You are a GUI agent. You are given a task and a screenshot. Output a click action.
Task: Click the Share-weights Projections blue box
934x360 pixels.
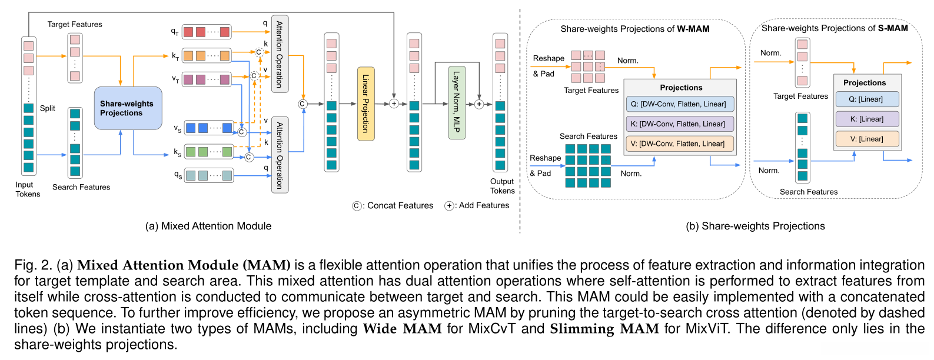[128, 108]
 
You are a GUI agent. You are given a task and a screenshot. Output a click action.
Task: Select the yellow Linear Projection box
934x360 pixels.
[365, 104]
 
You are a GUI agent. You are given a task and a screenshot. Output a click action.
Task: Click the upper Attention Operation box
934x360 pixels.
[280, 54]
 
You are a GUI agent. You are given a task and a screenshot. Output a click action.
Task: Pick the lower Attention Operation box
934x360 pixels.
[280, 155]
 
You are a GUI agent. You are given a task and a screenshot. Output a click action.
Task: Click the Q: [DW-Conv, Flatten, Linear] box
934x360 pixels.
[680, 104]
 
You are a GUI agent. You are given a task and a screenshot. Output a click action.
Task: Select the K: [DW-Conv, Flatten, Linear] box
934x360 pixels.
[680, 124]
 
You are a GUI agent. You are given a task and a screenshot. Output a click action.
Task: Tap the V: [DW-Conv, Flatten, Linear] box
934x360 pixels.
[680, 144]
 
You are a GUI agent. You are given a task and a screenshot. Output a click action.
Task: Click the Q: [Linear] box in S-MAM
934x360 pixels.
[866, 99]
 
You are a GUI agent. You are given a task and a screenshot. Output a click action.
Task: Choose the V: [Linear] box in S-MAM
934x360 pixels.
[866, 139]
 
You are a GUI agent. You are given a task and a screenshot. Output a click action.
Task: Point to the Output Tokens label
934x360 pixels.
[502, 186]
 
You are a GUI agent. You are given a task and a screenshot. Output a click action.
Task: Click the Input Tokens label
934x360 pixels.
[28, 189]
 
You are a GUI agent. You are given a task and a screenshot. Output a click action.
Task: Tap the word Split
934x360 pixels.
[48, 108]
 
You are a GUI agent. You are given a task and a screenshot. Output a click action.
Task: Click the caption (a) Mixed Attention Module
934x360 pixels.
[208, 226]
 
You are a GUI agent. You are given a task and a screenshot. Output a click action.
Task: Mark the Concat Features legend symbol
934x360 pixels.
[357, 206]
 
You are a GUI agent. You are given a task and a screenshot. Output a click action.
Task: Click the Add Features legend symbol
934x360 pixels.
[449, 206]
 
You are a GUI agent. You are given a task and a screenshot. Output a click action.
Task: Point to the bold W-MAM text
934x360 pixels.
[693, 29]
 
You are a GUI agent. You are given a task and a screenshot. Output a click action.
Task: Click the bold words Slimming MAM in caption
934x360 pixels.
[604, 328]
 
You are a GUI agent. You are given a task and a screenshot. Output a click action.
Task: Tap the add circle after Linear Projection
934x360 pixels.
[394, 104]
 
